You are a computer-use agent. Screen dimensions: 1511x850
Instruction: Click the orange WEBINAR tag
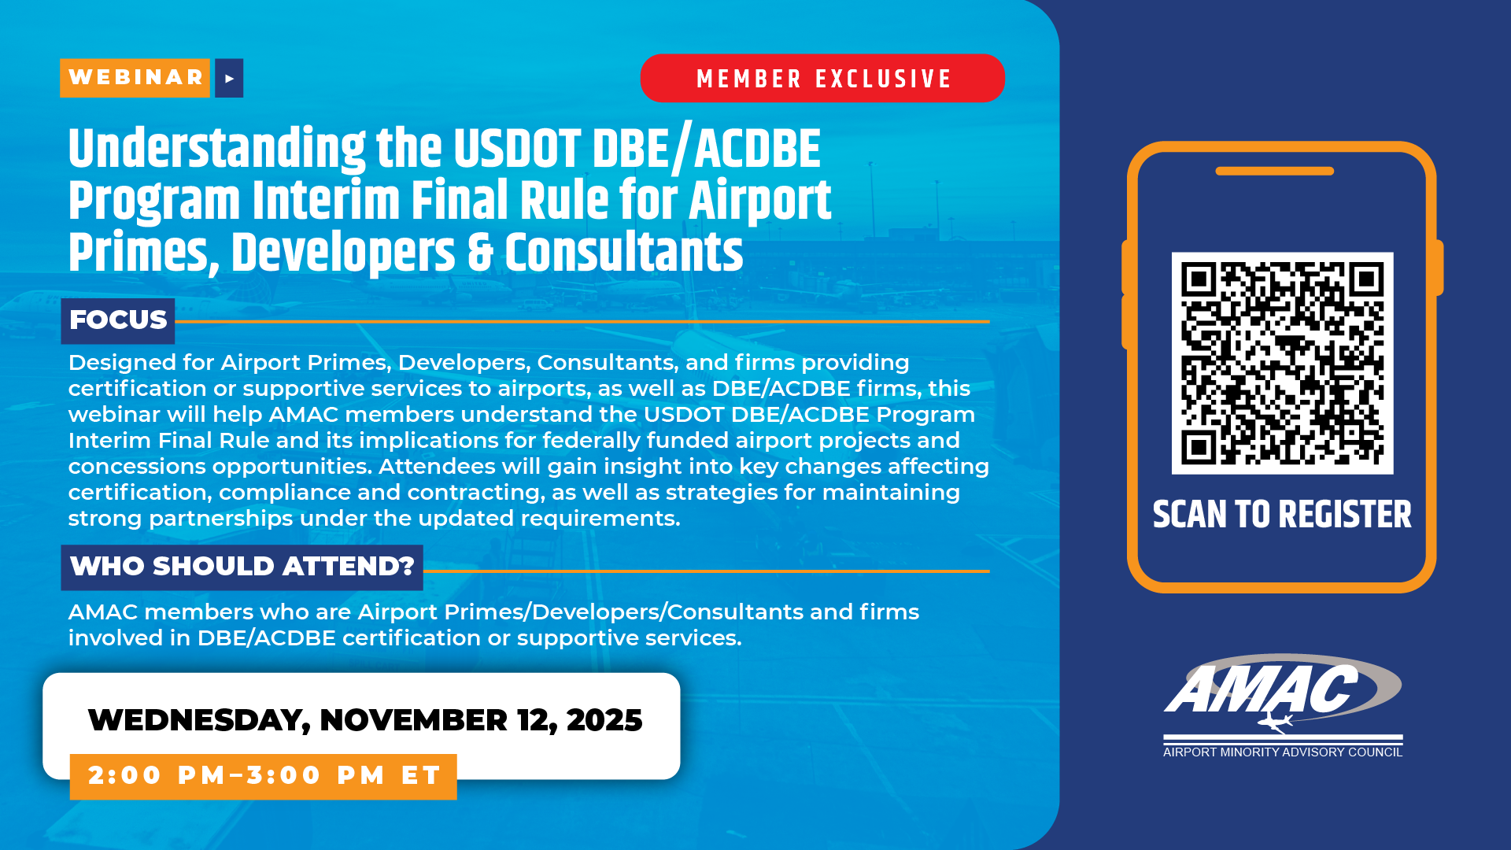click(135, 78)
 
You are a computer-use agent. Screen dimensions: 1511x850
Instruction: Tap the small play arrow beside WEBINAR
click(229, 78)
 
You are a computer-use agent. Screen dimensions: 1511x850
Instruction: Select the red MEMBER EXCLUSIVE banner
click(822, 78)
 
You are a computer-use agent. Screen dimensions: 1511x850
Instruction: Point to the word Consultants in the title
click(624, 253)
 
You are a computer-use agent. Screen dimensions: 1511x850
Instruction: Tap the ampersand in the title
click(480, 253)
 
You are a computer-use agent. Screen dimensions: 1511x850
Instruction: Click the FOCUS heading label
click(118, 320)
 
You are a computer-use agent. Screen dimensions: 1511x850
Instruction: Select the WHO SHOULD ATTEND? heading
click(242, 567)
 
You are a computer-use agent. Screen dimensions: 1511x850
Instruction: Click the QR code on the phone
click(1282, 363)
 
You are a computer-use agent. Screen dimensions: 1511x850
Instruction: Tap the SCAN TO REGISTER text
click(1282, 515)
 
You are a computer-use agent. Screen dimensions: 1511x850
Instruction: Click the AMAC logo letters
click(1262, 689)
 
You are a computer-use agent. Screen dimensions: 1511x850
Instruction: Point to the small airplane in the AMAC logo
click(1276, 722)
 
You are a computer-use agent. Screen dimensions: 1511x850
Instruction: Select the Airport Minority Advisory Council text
click(1283, 752)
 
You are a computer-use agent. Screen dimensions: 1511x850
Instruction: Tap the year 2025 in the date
click(604, 720)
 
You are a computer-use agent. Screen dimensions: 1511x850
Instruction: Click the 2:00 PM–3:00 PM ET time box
click(264, 776)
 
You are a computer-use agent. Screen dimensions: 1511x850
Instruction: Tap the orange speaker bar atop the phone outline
click(1275, 171)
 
